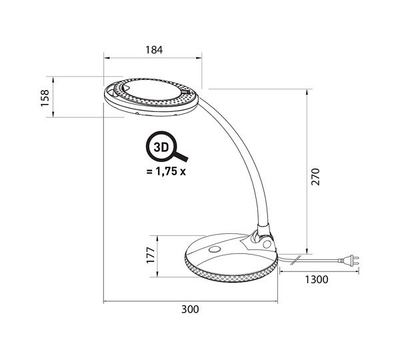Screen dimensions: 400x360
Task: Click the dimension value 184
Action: [x=154, y=50]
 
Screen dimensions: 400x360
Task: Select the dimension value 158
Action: [x=45, y=98]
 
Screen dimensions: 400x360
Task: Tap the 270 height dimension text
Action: [x=315, y=177]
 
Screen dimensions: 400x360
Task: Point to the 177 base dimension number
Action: [x=151, y=255]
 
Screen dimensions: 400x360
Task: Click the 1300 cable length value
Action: [x=317, y=279]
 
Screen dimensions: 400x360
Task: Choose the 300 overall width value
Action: [x=190, y=309]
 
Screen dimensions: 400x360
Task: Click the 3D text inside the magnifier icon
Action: [x=161, y=147]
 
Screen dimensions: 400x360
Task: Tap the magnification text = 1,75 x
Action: [x=166, y=171]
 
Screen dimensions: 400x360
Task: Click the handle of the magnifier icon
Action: [x=181, y=156]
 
